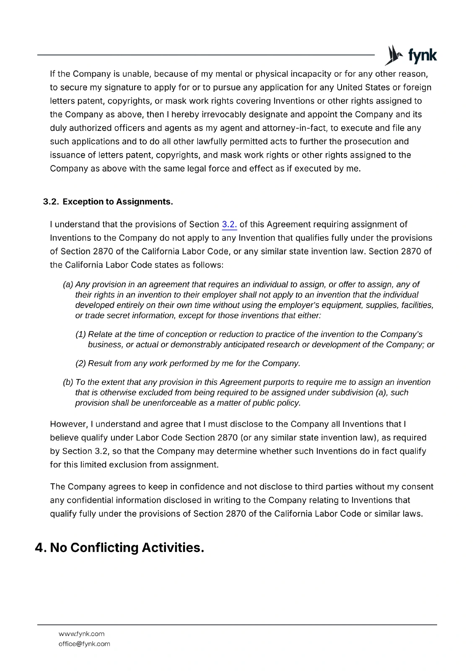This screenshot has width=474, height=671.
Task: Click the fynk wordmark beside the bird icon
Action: pyautogui.click(x=422, y=56)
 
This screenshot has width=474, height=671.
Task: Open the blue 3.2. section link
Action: pyautogui.click(x=229, y=225)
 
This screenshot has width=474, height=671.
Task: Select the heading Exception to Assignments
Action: pyautogui.click(x=118, y=202)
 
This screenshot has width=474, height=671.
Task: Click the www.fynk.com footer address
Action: pyautogui.click(x=81, y=634)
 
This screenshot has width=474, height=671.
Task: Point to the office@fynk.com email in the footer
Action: pyautogui.click(x=84, y=644)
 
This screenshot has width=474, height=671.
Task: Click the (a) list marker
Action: pyautogui.click(x=68, y=285)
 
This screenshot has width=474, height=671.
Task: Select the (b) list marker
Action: pyautogui.click(x=68, y=382)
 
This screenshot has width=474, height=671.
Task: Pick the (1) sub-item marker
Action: pyautogui.click(x=81, y=335)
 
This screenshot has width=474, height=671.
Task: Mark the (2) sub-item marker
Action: pyautogui.click(x=81, y=364)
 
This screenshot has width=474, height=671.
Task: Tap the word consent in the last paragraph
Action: pyautogui.click(x=417, y=487)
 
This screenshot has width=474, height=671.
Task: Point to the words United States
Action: pyautogui.click(x=363, y=88)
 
